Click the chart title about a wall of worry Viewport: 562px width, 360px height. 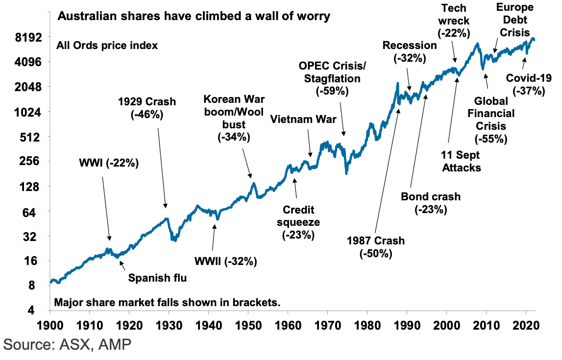point(194,16)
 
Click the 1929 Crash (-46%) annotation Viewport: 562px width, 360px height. point(147,108)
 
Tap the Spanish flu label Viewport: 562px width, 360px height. point(158,278)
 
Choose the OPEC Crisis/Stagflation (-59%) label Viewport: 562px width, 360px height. point(332,78)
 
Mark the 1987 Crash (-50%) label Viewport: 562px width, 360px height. point(376,247)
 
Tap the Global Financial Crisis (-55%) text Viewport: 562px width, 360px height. point(490,120)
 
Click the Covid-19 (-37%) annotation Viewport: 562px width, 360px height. point(529,84)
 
